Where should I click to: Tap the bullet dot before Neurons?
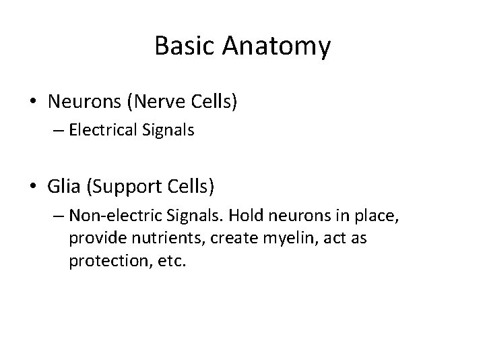pos(32,102)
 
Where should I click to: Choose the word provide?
pos(92,239)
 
